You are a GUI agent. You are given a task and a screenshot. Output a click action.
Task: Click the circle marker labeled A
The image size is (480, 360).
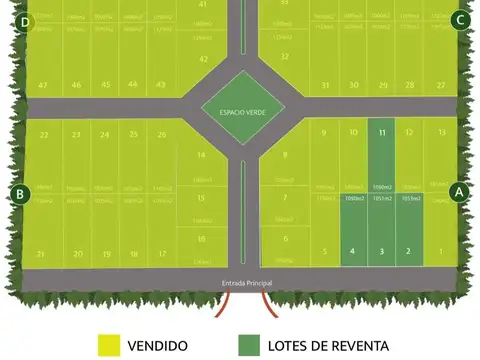coord(459,190)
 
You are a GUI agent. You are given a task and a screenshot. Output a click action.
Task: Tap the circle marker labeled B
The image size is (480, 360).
coord(19,193)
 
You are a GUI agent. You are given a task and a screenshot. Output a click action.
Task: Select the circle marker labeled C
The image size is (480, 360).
coord(459,19)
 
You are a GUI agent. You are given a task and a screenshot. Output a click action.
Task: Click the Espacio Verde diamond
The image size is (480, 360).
coord(241,110)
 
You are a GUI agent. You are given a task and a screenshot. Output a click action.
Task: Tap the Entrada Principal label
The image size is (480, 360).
coord(247,283)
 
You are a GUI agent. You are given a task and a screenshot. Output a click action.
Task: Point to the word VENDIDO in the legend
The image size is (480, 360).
coord(158,346)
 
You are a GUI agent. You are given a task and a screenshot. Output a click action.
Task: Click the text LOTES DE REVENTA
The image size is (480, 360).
coord(328,346)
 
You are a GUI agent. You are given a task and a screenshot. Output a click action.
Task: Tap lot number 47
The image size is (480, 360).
coord(43,85)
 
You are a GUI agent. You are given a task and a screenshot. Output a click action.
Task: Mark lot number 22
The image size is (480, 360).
coord(43,134)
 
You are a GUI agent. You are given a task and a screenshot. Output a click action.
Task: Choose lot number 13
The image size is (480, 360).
coord(440,132)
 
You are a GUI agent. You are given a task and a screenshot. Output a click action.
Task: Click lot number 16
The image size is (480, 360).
coord(201,238)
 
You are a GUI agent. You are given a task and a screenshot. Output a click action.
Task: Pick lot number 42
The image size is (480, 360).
coord(203,59)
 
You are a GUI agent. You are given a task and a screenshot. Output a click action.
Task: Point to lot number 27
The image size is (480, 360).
coord(441,85)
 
